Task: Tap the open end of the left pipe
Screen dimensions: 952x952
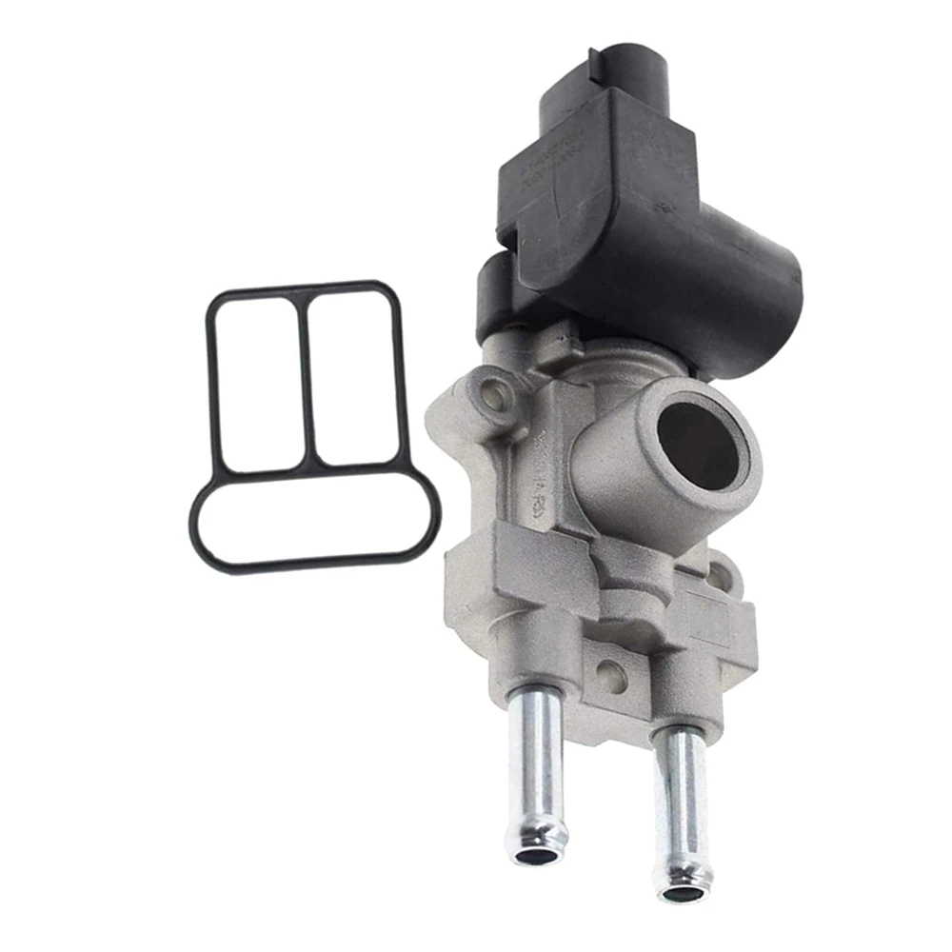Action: tap(539, 855)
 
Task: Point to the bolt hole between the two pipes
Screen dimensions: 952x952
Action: tap(610, 675)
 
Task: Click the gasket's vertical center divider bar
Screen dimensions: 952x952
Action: tap(307, 381)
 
